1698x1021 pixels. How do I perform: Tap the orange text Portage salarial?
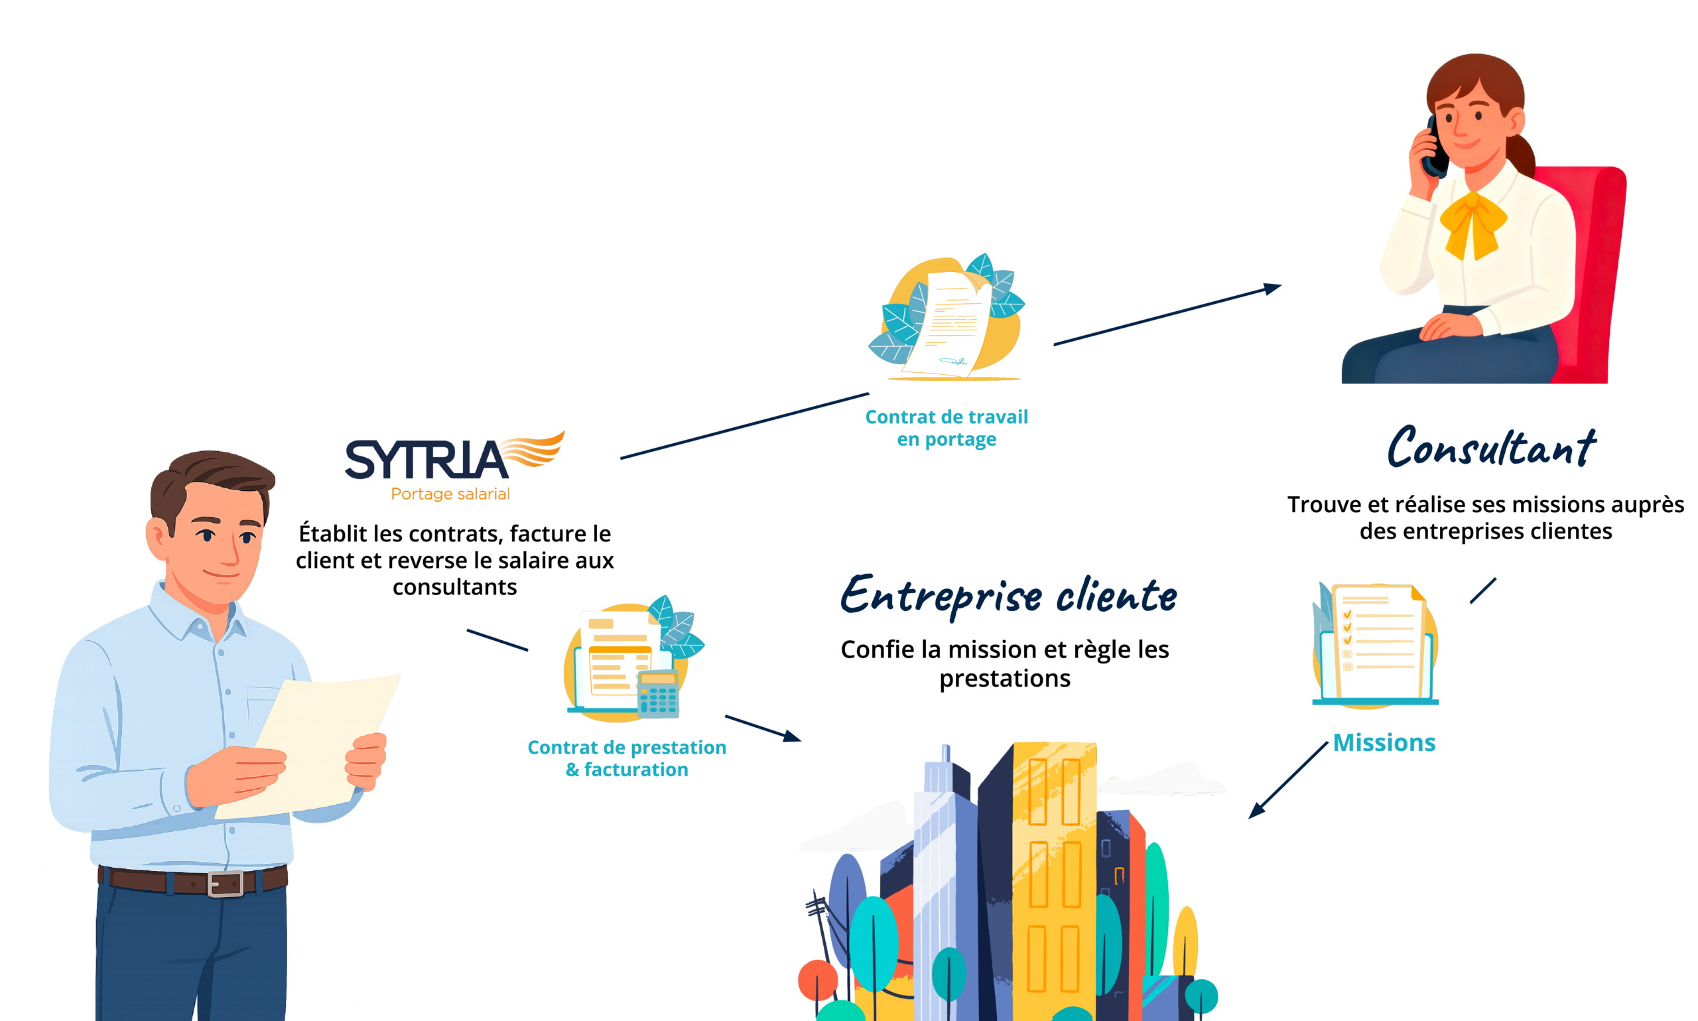(x=450, y=494)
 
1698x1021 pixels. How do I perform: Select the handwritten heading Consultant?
(x=1490, y=446)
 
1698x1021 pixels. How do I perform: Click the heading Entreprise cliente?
(x=1008, y=595)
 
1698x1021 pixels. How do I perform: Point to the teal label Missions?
(x=1384, y=742)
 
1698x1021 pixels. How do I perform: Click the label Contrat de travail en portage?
(x=947, y=427)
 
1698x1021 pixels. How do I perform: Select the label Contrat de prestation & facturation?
(x=627, y=758)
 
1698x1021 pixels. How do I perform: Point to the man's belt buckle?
(x=225, y=884)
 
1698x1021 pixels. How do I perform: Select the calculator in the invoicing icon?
(x=658, y=693)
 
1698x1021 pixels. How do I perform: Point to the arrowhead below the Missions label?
(x=1256, y=811)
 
